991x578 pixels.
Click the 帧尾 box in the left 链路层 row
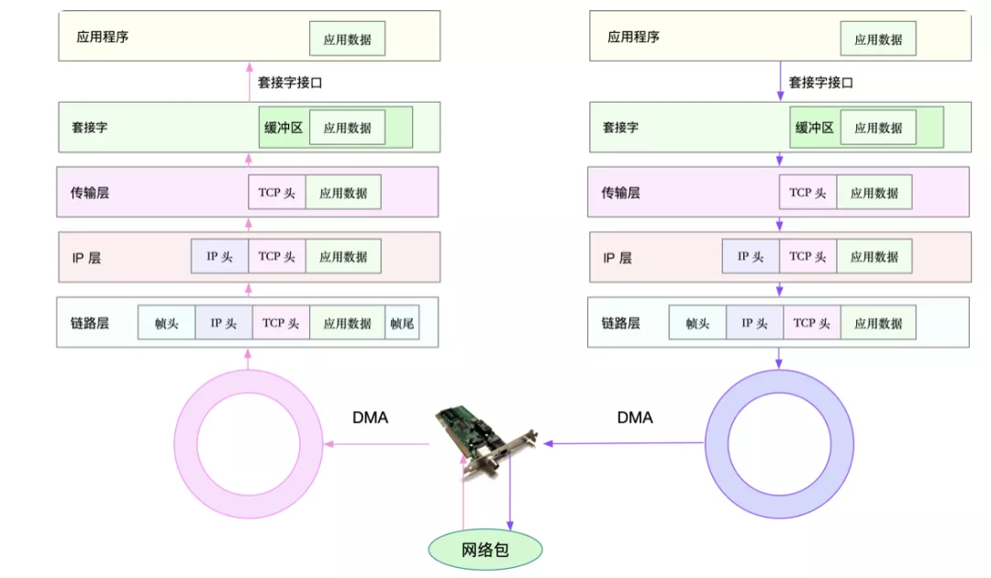click(402, 323)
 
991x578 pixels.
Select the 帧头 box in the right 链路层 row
click(697, 323)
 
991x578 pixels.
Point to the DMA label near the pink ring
click(370, 417)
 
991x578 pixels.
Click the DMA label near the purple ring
click(634, 417)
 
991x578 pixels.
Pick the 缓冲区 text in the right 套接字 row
click(815, 128)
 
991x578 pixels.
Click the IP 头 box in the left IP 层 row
click(219, 257)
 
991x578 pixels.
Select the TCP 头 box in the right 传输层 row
click(807, 193)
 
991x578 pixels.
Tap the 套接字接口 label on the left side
click(290, 83)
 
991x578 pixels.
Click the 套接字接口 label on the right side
click(821, 83)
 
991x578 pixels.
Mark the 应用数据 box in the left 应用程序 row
click(347, 39)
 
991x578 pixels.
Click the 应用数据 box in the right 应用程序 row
click(878, 39)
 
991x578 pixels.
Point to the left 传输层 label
click(90, 193)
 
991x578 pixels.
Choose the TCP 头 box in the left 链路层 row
click(280, 323)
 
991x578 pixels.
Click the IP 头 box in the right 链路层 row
click(754, 323)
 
